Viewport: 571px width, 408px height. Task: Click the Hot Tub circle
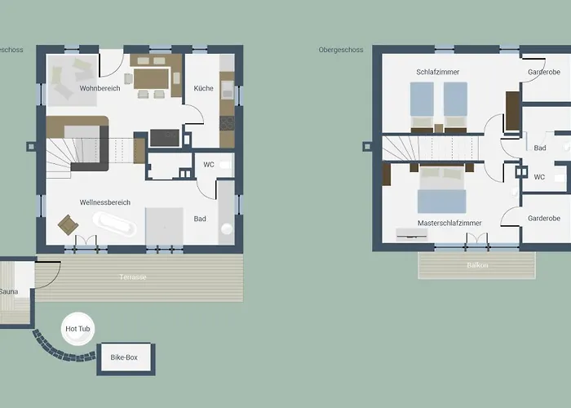pyautogui.click(x=78, y=329)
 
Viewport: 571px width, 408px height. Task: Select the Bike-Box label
pyautogui.click(x=124, y=357)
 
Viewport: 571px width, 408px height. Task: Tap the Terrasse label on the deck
pyautogui.click(x=133, y=277)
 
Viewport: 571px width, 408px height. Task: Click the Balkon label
pyautogui.click(x=477, y=265)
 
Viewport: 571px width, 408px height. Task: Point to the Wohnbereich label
pyautogui.click(x=100, y=88)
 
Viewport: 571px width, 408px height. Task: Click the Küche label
pyautogui.click(x=204, y=88)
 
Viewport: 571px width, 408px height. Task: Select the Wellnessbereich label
pyautogui.click(x=105, y=202)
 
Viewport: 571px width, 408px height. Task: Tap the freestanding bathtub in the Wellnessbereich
pyautogui.click(x=114, y=224)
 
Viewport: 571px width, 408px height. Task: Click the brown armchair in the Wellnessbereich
pyautogui.click(x=68, y=224)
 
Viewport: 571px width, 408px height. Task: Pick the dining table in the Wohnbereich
pyautogui.click(x=152, y=79)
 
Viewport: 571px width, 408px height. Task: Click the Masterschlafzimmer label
pyautogui.click(x=449, y=223)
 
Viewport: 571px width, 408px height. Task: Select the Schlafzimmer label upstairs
pyautogui.click(x=438, y=72)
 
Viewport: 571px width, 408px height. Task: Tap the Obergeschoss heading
pyautogui.click(x=341, y=50)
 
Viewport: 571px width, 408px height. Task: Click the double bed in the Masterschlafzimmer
pyautogui.click(x=442, y=189)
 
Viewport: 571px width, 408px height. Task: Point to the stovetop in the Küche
pyautogui.click(x=227, y=123)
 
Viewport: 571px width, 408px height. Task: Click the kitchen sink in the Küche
pyautogui.click(x=228, y=90)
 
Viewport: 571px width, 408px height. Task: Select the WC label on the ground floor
pyautogui.click(x=209, y=165)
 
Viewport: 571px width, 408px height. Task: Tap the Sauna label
pyautogui.click(x=9, y=291)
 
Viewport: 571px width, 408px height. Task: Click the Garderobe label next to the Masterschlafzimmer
pyautogui.click(x=544, y=218)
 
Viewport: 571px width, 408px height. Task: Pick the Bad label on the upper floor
pyautogui.click(x=540, y=148)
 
